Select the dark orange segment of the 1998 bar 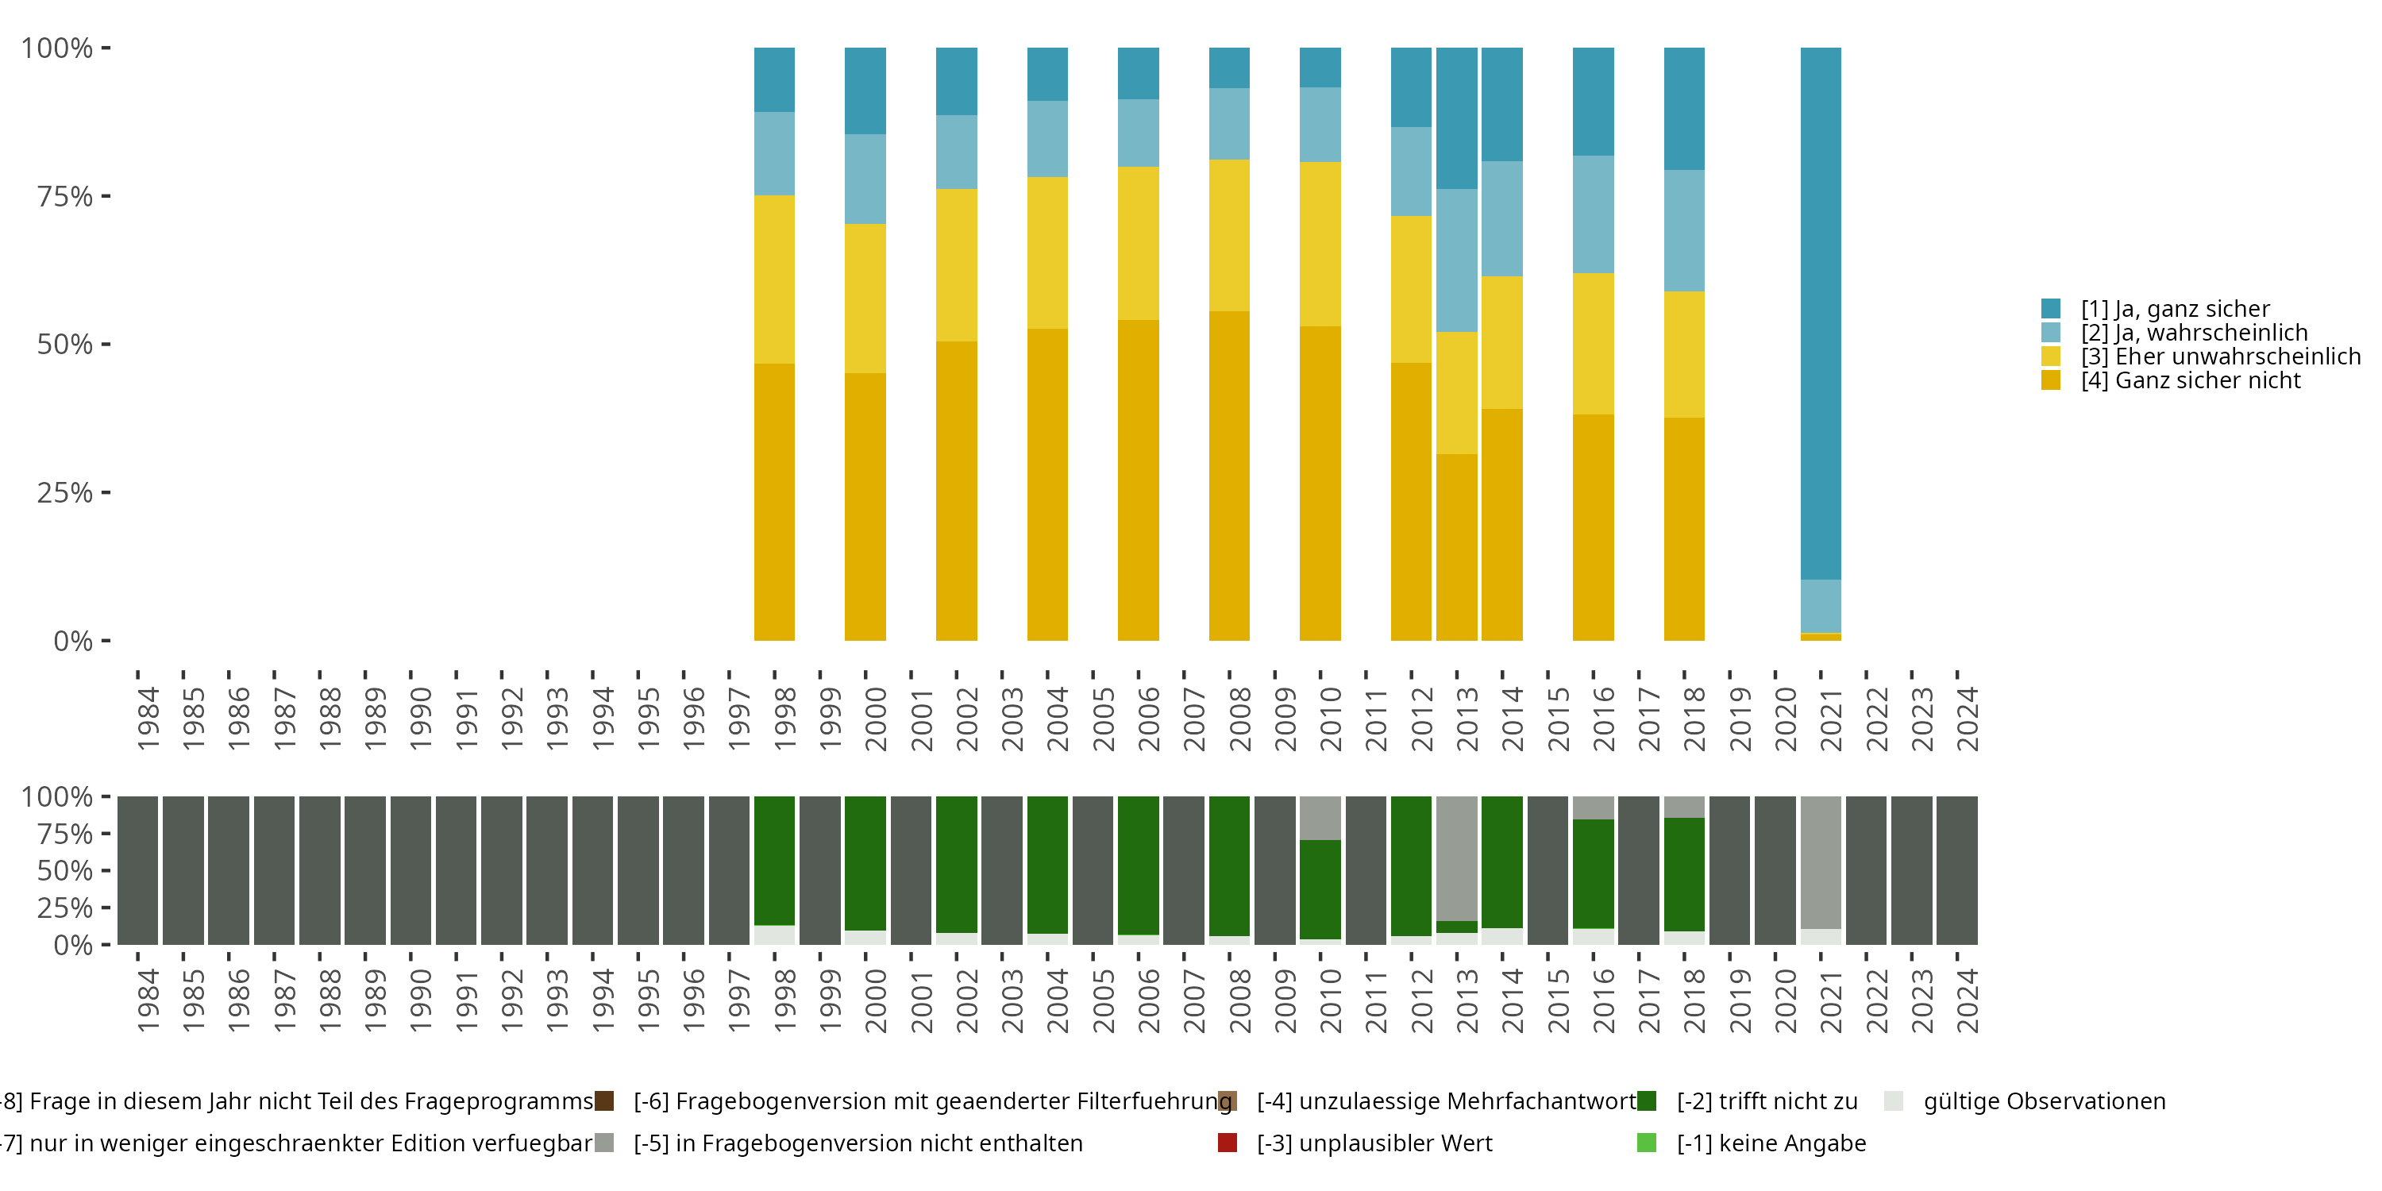[774, 501]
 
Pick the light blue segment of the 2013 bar [1456, 260]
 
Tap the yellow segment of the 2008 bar [1229, 235]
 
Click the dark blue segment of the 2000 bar [865, 91]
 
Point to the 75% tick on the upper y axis [106, 196]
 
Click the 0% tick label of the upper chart [73, 641]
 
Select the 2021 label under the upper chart [1831, 719]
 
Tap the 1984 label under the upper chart [148, 719]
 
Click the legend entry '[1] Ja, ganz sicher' [2175, 309]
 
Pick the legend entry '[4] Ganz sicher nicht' [2190, 380]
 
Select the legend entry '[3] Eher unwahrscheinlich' [2219, 356]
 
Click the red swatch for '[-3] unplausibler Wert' [1227, 1143]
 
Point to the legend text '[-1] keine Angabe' [1771, 1143]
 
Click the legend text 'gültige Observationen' [2044, 1101]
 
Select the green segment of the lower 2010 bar [1320, 888]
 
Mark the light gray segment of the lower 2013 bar [1456, 858]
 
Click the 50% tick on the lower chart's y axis [106, 870]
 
